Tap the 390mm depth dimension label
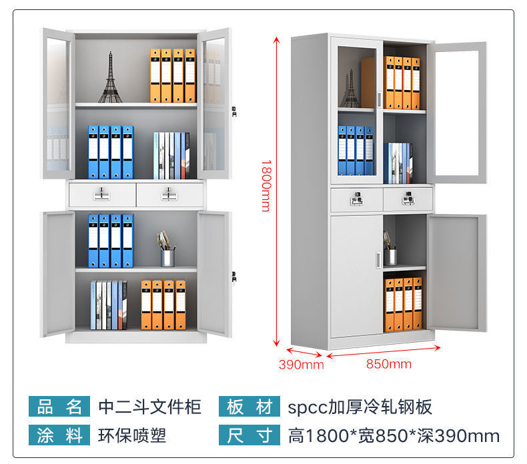click(301, 364)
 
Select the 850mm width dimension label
click(389, 364)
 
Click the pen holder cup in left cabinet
click(167, 257)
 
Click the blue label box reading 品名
click(58, 406)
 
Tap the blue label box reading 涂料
click(58, 436)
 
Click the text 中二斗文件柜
click(149, 406)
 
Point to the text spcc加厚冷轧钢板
click(360, 406)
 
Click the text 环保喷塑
click(132, 436)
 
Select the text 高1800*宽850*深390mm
click(394, 436)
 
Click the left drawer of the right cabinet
click(357, 199)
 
